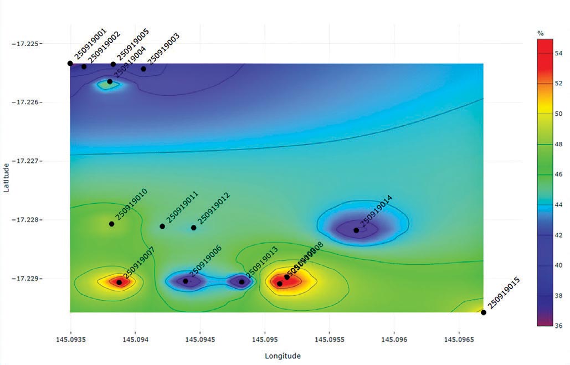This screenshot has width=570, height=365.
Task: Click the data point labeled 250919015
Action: pos(484,312)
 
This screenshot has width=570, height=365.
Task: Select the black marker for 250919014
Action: pos(356,230)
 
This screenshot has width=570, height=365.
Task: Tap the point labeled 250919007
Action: pos(119,282)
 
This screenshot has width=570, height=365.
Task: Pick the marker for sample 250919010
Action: pos(111,224)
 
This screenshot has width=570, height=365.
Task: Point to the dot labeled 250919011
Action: pos(162,226)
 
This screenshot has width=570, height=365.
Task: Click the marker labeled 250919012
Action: pos(193,228)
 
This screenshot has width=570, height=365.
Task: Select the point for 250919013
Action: pos(242,282)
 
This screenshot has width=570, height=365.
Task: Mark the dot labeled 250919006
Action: pos(186,281)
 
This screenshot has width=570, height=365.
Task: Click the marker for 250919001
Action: pos(70,63)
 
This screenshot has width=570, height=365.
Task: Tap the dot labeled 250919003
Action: pos(143,69)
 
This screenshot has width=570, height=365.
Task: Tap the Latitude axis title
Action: pos(7,177)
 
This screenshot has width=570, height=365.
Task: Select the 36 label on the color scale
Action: pos(558,326)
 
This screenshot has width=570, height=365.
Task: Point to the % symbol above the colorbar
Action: pos(541,34)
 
